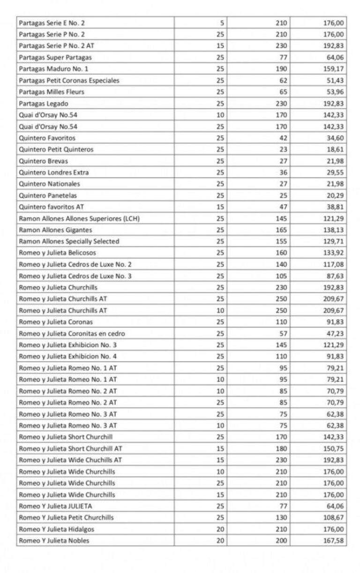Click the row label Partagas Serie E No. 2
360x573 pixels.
(x=52, y=23)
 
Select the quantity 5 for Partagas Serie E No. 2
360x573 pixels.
(x=222, y=23)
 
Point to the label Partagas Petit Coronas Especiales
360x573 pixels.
(x=69, y=81)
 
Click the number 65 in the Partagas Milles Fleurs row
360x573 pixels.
(x=283, y=92)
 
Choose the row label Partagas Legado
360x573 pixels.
(x=44, y=104)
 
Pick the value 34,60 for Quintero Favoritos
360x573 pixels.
(x=335, y=138)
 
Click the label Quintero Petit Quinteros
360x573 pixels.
(x=56, y=150)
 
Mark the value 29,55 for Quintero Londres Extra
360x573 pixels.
(x=335, y=173)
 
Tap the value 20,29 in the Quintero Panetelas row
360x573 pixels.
(x=335, y=196)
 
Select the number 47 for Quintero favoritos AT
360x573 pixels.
(x=283, y=207)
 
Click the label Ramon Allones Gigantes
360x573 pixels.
(x=55, y=230)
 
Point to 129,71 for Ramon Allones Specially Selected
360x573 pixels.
(x=333, y=241)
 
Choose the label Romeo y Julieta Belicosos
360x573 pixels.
(x=57, y=253)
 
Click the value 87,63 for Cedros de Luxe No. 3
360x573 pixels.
(x=335, y=276)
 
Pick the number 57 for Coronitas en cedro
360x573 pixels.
(x=283, y=334)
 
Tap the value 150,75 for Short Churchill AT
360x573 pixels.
(x=333, y=449)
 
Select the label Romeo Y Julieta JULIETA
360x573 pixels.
(x=55, y=506)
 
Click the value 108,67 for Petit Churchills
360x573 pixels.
(x=333, y=518)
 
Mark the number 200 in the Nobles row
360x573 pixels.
(x=282, y=541)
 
